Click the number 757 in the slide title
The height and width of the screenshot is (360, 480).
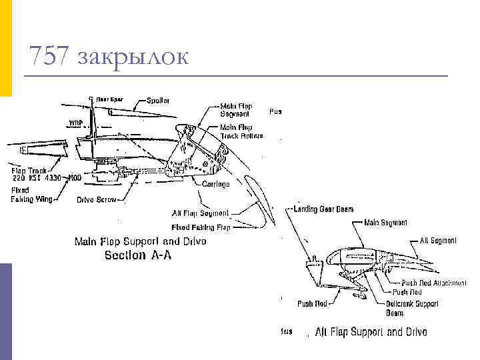click(x=49, y=56)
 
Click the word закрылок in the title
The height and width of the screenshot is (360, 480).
click(x=133, y=57)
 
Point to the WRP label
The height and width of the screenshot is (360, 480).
click(x=76, y=123)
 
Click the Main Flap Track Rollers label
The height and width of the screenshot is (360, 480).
click(x=241, y=131)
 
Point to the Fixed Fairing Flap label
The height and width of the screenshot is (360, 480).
click(x=201, y=227)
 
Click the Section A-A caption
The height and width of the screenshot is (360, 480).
click(x=138, y=255)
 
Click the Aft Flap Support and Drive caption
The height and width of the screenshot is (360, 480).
click(x=371, y=331)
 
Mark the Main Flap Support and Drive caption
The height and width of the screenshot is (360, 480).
click(x=140, y=241)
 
